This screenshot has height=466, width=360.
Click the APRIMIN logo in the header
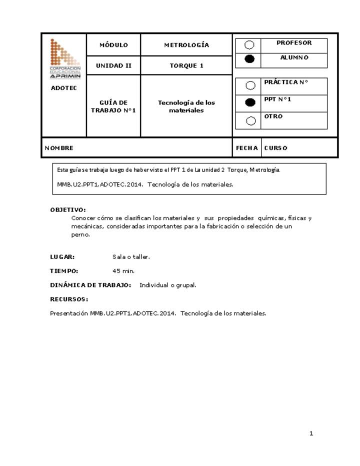65,58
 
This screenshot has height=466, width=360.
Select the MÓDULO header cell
113,45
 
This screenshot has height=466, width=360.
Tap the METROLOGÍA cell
186,45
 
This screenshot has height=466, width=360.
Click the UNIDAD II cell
113,65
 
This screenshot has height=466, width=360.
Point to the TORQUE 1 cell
186,65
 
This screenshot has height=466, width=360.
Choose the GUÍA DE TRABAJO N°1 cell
113,106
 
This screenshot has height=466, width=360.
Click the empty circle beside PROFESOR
249,45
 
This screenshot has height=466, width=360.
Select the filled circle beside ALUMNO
249,59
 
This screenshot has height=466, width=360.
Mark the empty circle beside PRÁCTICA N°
250,85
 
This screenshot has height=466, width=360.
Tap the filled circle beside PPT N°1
250,102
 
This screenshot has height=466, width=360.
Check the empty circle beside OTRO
250,120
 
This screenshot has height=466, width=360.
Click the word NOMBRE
59,148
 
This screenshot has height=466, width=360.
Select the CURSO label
275,148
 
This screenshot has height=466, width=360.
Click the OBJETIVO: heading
68,209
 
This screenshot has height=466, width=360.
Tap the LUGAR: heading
62,257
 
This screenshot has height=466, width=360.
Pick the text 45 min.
123,271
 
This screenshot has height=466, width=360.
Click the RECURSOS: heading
69,299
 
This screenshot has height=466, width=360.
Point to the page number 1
311,433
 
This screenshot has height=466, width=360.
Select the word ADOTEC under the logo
61,88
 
